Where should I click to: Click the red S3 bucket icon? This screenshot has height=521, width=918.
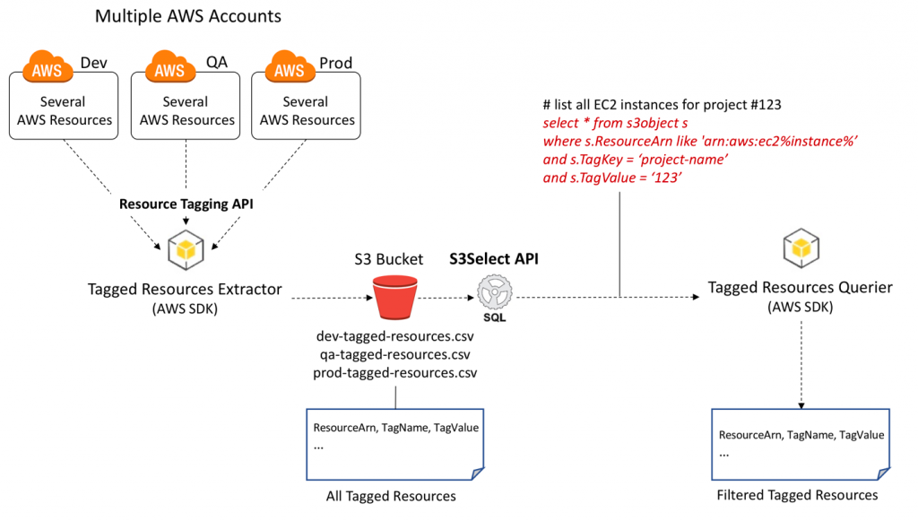[x=394, y=298]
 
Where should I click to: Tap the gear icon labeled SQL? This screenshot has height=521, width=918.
[x=495, y=292]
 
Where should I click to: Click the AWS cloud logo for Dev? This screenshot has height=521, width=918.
[x=48, y=66]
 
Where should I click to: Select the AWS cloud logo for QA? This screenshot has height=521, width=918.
[x=169, y=66]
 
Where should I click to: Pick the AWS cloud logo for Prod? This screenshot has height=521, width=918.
[x=290, y=66]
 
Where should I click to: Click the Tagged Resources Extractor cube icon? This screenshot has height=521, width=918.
[x=186, y=250]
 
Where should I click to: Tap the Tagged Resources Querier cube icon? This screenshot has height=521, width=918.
[x=801, y=248]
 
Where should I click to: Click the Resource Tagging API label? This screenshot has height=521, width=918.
[x=186, y=204]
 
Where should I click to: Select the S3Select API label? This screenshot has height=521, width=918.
[x=494, y=259]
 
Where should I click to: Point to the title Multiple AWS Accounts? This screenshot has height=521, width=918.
[x=188, y=16]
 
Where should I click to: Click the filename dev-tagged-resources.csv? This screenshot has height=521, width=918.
[x=394, y=336]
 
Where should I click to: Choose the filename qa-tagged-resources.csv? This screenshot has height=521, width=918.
[x=394, y=354]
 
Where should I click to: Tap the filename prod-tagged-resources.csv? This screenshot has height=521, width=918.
[x=394, y=372]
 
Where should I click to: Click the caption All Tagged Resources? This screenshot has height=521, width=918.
[x=391, y=496]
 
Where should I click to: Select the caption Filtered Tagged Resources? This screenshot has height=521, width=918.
[x=797, y=495]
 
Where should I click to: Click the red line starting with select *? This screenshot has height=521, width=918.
[x=615, y=123]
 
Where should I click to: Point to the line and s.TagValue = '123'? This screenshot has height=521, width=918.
[x=612, y=178]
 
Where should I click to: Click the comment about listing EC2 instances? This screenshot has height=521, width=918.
[x=662, y=105]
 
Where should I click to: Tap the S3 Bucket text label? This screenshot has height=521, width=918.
[x=389, y=259]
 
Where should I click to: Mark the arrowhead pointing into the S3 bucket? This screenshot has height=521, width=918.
[x=369, y=298]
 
